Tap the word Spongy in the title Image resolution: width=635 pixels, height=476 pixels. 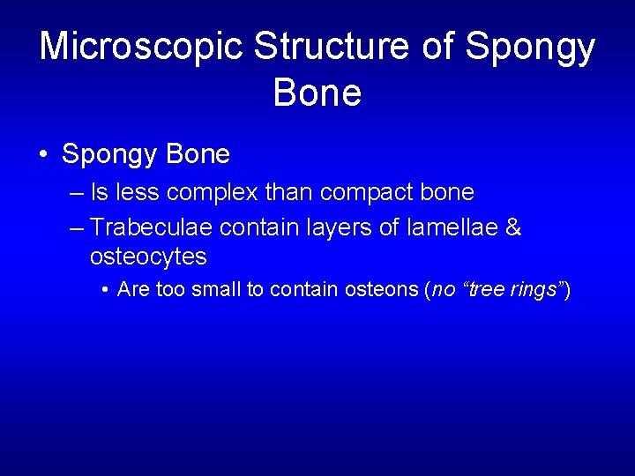531,46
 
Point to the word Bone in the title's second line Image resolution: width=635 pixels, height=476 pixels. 317,91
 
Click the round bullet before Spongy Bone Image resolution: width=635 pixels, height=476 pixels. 43,155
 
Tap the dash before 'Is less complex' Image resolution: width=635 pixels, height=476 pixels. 76,192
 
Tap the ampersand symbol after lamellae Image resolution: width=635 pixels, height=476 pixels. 513,228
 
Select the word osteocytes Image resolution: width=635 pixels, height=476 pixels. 148,257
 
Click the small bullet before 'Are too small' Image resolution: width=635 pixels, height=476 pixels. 105,290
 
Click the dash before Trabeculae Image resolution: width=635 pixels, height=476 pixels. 76,228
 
